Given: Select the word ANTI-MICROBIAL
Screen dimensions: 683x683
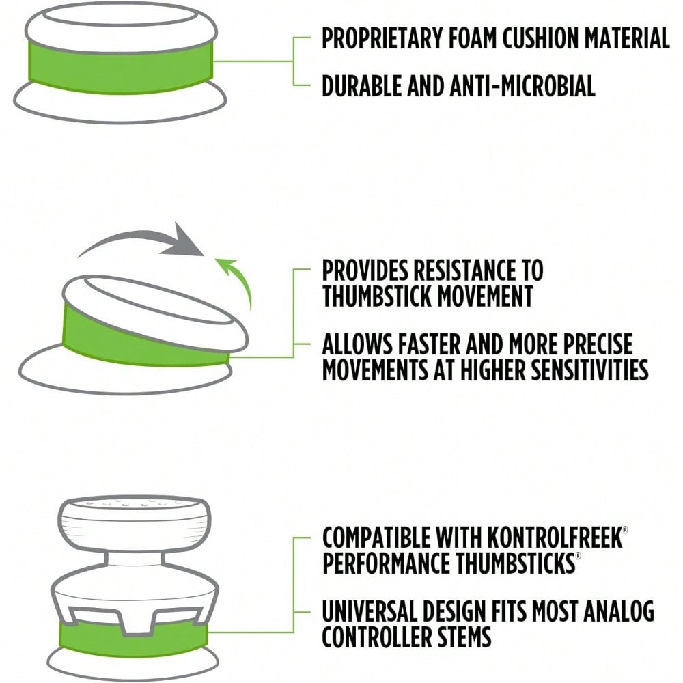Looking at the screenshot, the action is [522, 85].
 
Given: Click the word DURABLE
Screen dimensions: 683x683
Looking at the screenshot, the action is [361, 85].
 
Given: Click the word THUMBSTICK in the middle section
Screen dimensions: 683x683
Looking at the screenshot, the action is [377, 296].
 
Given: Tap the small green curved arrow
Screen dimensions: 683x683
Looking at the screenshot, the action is [238, 281].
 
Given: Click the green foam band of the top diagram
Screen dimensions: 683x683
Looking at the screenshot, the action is [121, 66].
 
